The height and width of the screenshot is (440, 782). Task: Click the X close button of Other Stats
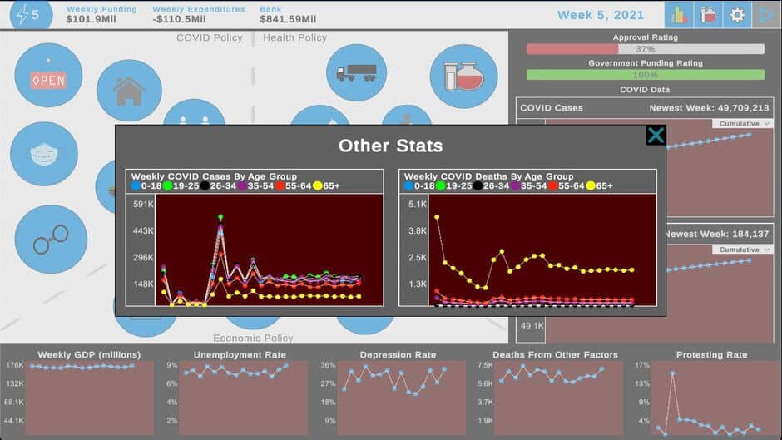pyautogui.click(x=656, y=136)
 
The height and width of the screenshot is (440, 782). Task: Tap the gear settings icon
pyautogui.click(x=736, y=15)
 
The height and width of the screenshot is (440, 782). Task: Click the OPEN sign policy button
pyautogui.click(x=47, y=77)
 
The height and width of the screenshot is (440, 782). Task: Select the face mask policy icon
pyautogui.click(x=43, y=155)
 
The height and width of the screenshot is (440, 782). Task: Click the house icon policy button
pyautogui.click(x=129, y=91)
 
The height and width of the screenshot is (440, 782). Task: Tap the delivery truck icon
pyautogui.click(x=356, y=74)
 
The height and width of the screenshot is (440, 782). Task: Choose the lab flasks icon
pyautogui.click(x=463, y=77)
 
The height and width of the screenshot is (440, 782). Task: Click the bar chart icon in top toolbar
pyautogui.click(x=679, y=15)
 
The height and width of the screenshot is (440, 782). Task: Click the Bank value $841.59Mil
pyautogui.click(x=287, y=19)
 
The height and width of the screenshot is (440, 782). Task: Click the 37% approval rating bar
pyautogui.click(x=645, y=49)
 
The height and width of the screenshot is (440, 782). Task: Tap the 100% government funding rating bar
pyautogui.click(x=645, y=75)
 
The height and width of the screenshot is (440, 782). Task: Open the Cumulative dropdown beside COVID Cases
pyautogui.click(x=742, y=123)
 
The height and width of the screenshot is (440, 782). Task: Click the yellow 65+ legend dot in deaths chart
pyautogui.click(x=591, y=186)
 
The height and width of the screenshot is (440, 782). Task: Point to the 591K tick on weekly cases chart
pyautogui.click(x=142, y=204)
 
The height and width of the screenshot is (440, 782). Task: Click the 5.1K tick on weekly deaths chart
pyautogui.click(x=417, y=204)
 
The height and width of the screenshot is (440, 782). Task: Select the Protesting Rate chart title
pyautogui.click(x=711, y=355)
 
